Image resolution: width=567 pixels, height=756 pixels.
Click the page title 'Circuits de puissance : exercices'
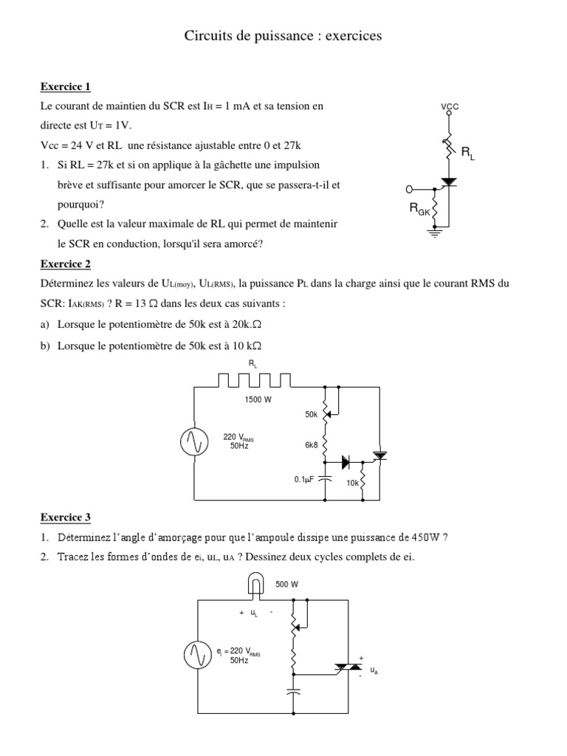click(x=283, y=35)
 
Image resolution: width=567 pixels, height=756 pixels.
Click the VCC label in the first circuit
click(x=450, y=106)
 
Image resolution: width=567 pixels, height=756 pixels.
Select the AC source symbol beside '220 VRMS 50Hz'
click(x=193, y=441)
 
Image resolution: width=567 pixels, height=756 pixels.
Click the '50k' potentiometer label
click(x=311, y=415)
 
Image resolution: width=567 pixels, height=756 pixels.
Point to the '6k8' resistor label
click(x=311, y=445)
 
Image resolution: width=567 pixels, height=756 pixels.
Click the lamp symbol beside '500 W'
click(x=255, y=585)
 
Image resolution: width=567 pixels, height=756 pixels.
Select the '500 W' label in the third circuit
click(x=286, y=584)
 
